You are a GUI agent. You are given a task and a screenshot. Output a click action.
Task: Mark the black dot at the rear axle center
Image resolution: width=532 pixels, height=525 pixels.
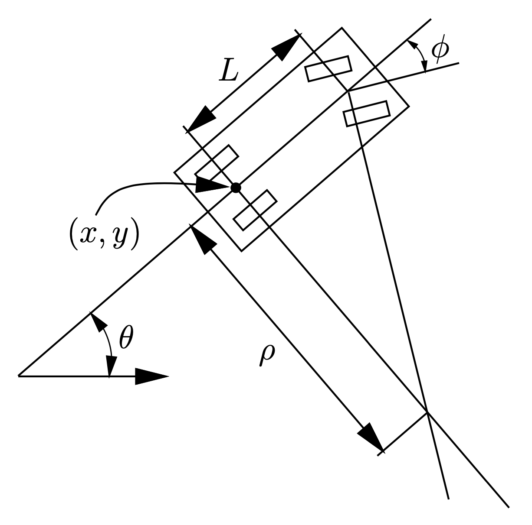(236, 188)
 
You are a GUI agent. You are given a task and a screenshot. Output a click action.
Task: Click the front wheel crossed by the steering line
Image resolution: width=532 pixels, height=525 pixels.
(367, 113)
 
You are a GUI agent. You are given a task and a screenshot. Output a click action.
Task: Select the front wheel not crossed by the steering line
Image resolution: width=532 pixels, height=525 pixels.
(328, 68)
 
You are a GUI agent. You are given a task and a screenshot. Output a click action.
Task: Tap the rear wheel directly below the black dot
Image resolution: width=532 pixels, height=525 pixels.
(255, 210)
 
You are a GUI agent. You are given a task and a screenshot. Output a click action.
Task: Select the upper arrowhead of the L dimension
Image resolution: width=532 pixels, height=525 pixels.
(286, 46)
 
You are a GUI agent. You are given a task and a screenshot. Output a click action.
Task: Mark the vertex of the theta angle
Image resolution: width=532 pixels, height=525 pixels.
(19, 376)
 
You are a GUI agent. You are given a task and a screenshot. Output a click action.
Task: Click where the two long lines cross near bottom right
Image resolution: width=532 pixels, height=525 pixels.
(427, 412)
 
